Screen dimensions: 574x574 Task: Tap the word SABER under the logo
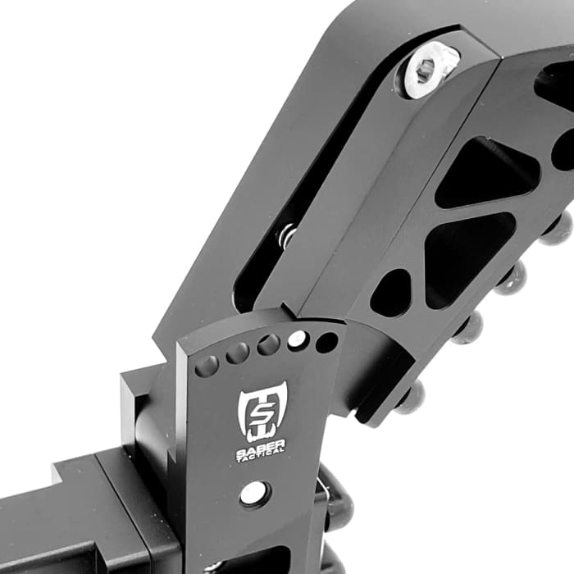click(261, 445)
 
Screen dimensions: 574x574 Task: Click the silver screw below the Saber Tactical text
click(253, 493)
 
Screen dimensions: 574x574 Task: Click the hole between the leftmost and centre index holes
click(237, 353)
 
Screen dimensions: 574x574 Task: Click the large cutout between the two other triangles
click(467, 255)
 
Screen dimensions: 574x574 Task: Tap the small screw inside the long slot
click(287, 236)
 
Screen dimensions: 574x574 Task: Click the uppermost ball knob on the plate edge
click(558, 228)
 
